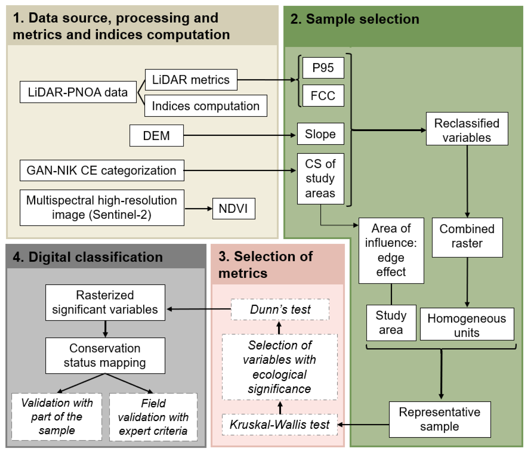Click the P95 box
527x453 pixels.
point(323,68)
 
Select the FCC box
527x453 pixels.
point(323,96)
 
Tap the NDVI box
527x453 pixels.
point(233,209)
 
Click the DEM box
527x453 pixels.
point(156,135)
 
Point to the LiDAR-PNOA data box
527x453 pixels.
point(78,92)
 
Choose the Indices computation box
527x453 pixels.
point(205,106)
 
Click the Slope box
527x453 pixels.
point(320,134)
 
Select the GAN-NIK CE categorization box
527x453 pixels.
point(102,170)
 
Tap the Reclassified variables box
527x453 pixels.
point(467,129)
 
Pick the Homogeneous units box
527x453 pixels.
point(467,324)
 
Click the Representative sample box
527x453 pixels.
point(439,419)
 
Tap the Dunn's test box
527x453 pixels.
point(280,309)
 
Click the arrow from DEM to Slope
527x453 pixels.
point(239,135)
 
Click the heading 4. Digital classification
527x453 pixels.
point(88,257)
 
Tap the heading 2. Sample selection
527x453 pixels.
point(355,19)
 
